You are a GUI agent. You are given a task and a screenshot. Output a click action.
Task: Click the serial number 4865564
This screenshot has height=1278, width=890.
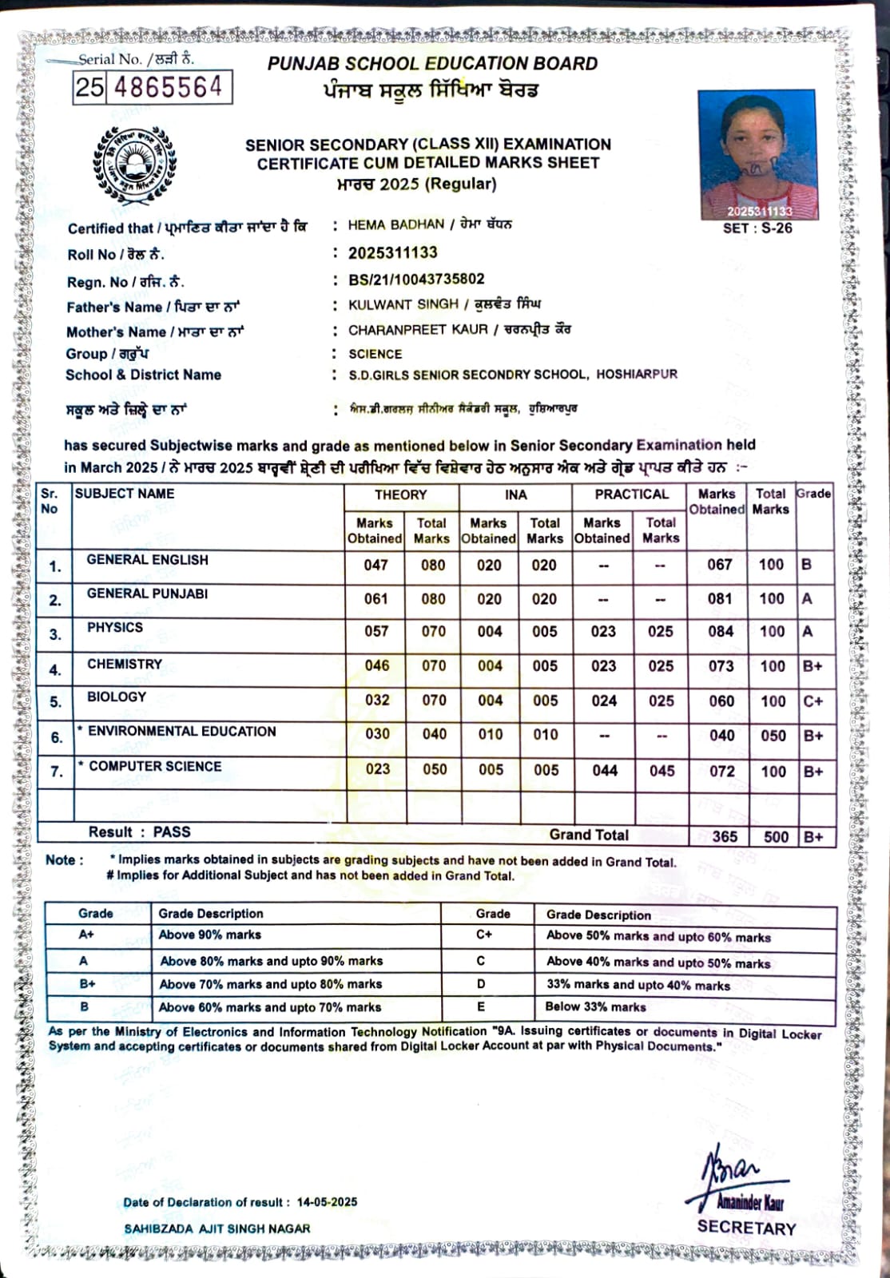168,86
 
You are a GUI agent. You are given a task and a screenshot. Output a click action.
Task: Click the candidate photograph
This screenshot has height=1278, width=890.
757,154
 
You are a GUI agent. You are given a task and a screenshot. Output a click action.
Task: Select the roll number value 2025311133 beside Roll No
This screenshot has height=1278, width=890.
393,253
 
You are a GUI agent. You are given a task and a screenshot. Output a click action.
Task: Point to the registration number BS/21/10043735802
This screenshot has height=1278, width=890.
416,280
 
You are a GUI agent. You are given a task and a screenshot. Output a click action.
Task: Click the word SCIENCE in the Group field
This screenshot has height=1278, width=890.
375,354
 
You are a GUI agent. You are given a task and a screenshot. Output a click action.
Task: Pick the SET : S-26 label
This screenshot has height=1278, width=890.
757,228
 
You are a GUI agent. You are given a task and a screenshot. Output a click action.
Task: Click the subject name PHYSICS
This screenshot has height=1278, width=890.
115,628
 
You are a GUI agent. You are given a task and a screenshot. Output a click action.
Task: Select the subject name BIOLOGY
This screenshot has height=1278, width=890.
117,697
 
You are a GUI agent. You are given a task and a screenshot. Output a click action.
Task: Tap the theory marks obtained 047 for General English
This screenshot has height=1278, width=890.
375,565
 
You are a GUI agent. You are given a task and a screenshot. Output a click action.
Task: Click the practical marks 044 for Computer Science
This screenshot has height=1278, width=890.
605,771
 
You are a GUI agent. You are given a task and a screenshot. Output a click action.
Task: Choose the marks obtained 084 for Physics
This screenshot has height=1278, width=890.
720,632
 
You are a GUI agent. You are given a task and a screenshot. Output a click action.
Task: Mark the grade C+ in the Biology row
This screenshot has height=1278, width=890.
813,701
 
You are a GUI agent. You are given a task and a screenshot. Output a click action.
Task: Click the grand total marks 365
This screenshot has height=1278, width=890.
725,836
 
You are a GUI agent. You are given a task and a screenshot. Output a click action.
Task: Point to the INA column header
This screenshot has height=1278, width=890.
515,495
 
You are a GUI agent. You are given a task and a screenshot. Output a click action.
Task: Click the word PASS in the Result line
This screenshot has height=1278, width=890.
172,831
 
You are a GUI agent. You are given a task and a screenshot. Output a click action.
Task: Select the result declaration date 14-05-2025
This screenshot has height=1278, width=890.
327,1202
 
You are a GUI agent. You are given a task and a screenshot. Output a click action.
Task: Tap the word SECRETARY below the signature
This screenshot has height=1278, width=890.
746,1228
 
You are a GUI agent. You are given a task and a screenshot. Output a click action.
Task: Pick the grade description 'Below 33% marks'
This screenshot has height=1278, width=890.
595,1007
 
